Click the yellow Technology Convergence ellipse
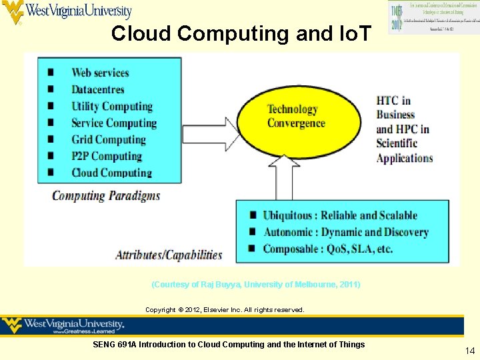click(296, 117)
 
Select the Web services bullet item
click(100, 73)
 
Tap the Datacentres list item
click(98, 89)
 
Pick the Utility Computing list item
click(112, 106)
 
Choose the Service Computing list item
click(114, 123)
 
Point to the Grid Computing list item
click(109, 139)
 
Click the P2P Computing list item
click(107, 156)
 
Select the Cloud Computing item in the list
click(111, 173)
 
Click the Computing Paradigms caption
click(106, 196)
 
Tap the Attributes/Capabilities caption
click(169, 254)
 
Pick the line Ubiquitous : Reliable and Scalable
click(339, 215)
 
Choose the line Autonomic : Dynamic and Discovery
click(345, 232)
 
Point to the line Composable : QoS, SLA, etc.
click(327, 249)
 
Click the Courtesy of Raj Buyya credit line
click(256, 285)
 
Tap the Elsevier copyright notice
click(225, 310)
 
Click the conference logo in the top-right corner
click(423, 17)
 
